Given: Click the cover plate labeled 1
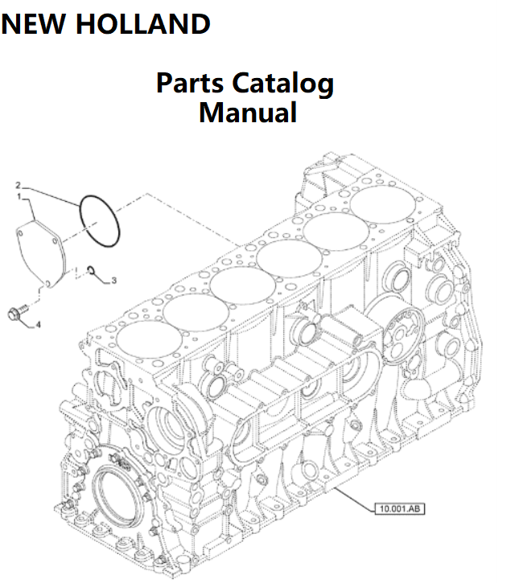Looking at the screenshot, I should click(45, 249).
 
